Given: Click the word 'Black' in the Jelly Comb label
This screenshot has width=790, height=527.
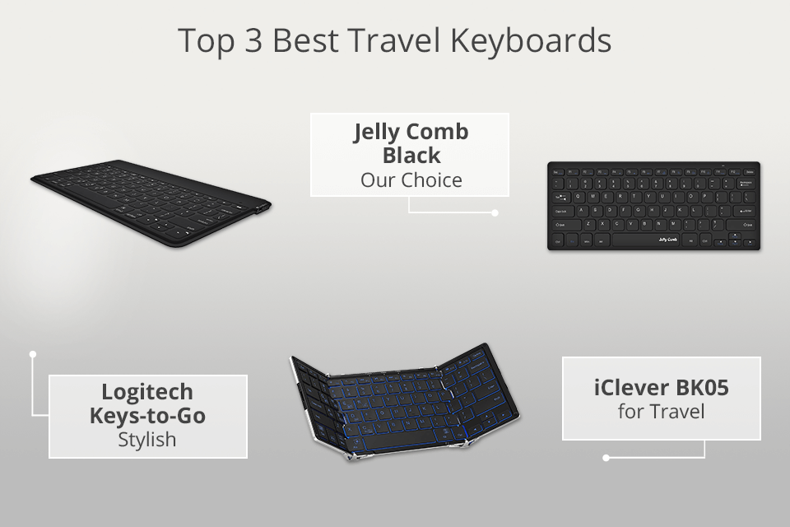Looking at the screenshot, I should point(411,156).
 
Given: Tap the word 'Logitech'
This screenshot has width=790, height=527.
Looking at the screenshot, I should point(147,392).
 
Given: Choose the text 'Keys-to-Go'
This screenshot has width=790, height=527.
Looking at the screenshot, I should point(147,415).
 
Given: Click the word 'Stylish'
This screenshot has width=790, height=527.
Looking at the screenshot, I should point(147,439).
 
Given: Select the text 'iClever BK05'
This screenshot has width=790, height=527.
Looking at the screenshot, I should point(661,385).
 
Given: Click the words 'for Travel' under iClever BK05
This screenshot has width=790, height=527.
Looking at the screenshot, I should point(661,409).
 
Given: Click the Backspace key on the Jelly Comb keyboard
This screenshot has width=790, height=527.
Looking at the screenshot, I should point(746,183).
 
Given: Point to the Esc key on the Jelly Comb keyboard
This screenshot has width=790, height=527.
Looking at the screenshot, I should point(556,170).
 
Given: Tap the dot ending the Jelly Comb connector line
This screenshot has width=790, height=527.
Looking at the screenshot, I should point(495,212).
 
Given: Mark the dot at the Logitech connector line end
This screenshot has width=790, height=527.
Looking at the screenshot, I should point(33,354).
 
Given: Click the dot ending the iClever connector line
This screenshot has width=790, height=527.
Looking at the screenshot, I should point(606,457).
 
